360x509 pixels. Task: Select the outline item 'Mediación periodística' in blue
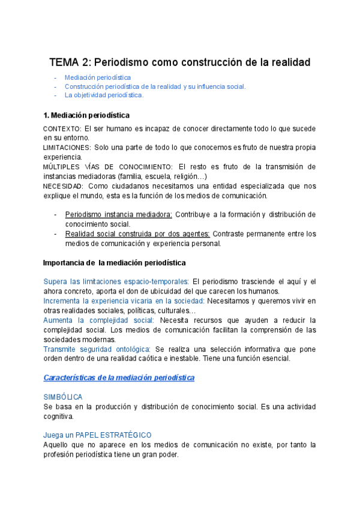pyautogui.click(x=98, y=77)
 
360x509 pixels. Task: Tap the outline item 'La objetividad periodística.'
pyautogui.click(x=104, y=95)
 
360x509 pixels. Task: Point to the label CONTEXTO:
pyautogui.click(x=62, y=129)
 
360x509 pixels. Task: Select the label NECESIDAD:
pyautogui.click(x=64, y=186)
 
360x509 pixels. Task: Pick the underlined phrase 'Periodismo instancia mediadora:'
pyautogui.click(x=119, y=215)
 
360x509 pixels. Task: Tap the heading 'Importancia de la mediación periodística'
pyautogui.click(x=115, y=263)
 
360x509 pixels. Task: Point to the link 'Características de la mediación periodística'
pyautogui.click(x=119, y=378)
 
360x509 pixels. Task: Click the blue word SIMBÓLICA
pyautogui.click(x=63, y=397)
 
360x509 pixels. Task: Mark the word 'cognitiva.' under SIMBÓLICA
pyautogui.click(x=59, y=416)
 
